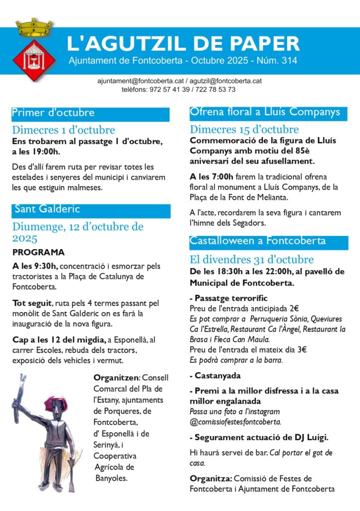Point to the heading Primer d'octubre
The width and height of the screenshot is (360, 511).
53,113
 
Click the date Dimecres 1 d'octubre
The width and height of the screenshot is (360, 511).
63,130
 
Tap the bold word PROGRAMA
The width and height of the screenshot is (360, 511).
38,252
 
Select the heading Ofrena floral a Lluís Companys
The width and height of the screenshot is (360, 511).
265,111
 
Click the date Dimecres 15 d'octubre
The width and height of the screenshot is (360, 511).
244,130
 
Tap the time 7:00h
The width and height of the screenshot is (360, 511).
222,177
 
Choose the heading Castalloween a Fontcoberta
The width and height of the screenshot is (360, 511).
258,241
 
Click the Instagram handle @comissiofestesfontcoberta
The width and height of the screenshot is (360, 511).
235,421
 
